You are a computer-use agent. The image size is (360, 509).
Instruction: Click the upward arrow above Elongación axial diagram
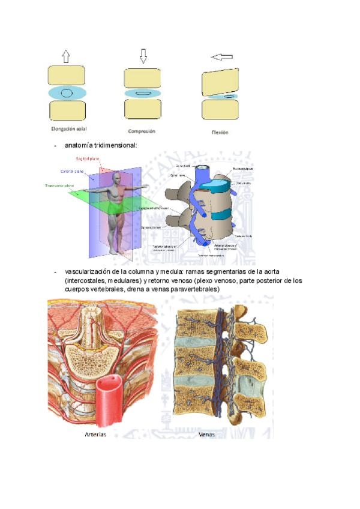pos(66,56)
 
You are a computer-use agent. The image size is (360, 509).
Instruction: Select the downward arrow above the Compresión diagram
pos(143,56)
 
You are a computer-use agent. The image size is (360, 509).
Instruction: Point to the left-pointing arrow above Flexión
pos(222,57)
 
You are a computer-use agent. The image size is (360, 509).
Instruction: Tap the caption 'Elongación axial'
pos(67,128)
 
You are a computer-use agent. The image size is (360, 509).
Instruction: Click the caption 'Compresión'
pos(142,130)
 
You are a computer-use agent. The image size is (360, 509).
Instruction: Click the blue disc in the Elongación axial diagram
pos(67,93)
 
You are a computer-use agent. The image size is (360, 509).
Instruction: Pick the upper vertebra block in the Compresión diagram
pos(142,78)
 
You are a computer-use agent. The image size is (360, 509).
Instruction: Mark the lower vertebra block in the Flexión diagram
pos(220,110)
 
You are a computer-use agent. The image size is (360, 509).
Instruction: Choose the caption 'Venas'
pos(206,435)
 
